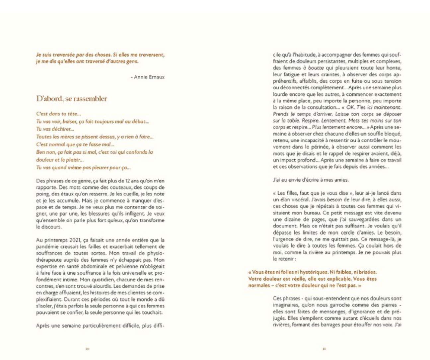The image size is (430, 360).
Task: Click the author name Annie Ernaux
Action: pos(149,77)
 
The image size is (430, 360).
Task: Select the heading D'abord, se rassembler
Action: pos(72,99)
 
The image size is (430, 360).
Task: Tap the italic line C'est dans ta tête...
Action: pos(59,114)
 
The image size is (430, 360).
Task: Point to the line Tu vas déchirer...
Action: pos(55,129)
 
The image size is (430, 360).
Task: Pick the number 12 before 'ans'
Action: pos(128,181)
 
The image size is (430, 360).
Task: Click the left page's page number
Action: pos(88,349)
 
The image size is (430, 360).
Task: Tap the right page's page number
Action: pos(324,349)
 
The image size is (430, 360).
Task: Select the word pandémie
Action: pos(46,247)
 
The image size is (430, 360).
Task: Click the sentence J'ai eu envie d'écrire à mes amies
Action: pos(311,180)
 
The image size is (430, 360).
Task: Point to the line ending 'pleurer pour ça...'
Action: pos(83,168)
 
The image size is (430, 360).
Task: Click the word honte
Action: pos(394,68)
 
